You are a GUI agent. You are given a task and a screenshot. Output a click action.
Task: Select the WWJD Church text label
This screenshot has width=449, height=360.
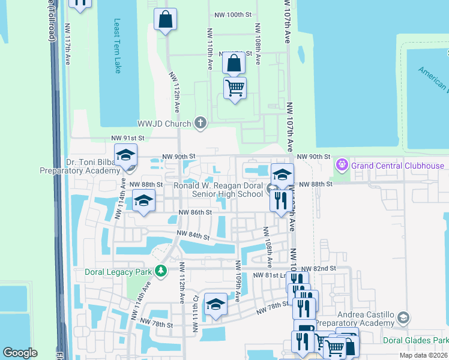pos(164,124)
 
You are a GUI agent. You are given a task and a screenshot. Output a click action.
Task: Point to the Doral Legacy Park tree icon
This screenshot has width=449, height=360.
pos(160,271)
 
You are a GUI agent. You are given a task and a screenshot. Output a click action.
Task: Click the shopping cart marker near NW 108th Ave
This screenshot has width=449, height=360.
pos(235,88)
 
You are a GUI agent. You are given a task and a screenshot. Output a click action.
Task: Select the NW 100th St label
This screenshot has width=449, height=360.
pos(231,15)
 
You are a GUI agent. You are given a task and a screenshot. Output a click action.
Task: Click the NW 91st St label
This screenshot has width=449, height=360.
pos(125,138)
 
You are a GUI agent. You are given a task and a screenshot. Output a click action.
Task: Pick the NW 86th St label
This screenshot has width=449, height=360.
pos(196,212)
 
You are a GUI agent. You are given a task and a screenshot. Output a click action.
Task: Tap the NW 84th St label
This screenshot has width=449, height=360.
pos(193,236)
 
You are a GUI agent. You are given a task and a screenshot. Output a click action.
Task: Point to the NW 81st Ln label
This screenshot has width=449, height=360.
pos(269,275)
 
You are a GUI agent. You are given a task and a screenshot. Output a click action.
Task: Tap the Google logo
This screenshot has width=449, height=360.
pos(20,352)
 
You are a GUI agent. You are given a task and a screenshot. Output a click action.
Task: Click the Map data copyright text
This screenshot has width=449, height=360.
pos(423,355)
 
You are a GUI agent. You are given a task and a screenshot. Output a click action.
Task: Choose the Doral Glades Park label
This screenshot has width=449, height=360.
pos(415,340)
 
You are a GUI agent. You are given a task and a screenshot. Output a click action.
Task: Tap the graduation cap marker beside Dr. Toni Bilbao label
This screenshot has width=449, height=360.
pos(126,155)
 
